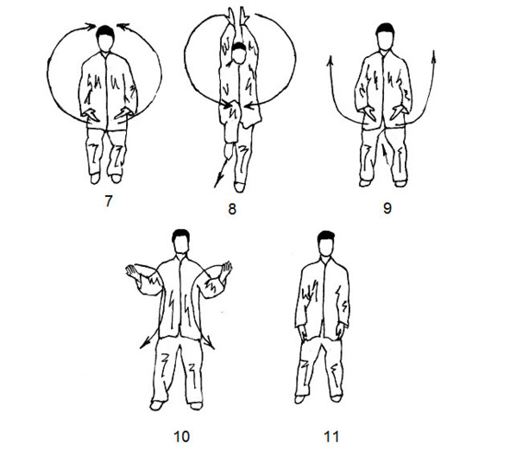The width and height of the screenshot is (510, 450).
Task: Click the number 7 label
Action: (x=109, y=201)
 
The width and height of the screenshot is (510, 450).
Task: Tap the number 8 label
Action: (x=232, y=209)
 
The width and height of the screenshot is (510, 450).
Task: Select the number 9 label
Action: (x=387, y=208)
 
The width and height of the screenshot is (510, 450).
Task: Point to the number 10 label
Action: (x=181, y=436)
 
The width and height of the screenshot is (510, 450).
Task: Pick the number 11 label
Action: (x=331, y=436)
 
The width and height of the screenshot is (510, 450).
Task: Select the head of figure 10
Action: (x=181, y=242)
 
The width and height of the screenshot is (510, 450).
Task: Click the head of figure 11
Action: (x=326, y=244)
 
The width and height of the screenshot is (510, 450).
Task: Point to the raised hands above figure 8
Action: (x=237, y=16)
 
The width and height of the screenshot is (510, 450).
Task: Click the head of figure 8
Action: (x=239, y=53)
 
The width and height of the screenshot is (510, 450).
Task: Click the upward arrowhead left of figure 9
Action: (x=331, y=61)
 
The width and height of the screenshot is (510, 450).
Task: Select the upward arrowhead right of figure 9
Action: (x=434, y=56)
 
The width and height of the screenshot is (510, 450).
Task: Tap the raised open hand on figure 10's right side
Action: (x=226, y=269)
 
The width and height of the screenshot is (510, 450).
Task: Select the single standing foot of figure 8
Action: (x=239, y=187)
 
